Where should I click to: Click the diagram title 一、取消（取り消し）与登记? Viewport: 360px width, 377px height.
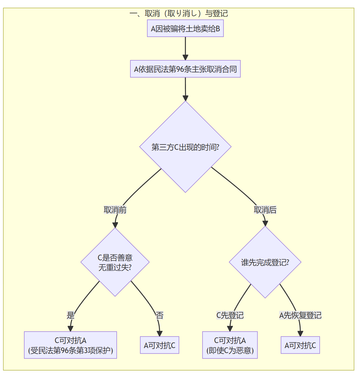[179, 14]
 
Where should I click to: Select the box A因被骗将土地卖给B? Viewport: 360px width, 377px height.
[185, 29]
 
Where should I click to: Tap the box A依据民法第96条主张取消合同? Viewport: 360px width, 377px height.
[185, 69]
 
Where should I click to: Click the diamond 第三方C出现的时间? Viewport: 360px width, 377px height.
[185, 147]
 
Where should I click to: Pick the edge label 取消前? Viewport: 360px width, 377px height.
[115, 210]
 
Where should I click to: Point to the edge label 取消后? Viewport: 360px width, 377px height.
[265, 210]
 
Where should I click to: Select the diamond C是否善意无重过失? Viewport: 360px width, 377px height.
[115, 262]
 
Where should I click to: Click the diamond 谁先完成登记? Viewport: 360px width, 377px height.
[265, 262]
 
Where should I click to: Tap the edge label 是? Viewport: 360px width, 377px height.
[71, 315]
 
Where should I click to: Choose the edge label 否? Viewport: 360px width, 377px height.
[160, 315]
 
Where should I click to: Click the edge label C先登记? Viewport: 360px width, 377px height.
[230, 315]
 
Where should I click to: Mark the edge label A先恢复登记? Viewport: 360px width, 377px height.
[300, 315]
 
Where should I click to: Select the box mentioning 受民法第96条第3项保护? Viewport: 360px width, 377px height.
[70, 345]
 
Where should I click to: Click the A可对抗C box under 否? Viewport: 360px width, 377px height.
[160, 345]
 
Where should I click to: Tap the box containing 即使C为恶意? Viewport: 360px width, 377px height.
[230, 345]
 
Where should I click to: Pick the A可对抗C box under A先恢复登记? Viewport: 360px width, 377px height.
[300, 345]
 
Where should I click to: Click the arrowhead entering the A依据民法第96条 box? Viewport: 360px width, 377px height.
[185, 57]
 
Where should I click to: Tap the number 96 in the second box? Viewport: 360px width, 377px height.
[180, 69]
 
